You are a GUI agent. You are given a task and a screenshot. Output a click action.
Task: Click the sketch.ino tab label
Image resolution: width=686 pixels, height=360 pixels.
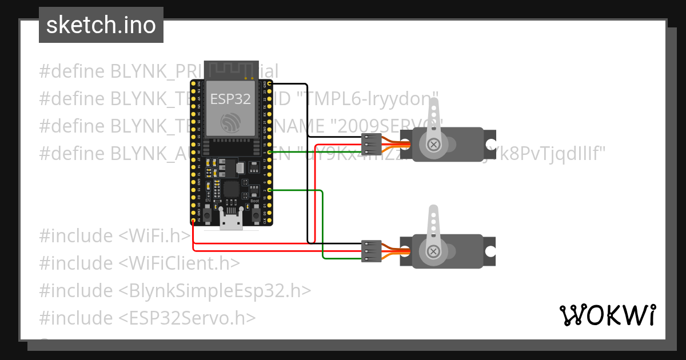pyautogui.click(x=101, y=25)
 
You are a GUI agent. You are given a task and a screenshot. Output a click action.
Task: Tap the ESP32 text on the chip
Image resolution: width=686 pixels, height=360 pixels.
pyautogui.click(x=230, y=99)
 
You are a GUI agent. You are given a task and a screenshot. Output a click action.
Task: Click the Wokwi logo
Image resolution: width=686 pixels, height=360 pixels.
pyautogui.click(x=607, y=315)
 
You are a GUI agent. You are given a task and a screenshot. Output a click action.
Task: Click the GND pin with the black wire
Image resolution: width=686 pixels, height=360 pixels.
pyautogui.click(x=269, y=83)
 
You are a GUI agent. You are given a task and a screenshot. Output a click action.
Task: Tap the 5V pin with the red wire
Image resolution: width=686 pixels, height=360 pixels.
pyautogui.click(x=193, y=220)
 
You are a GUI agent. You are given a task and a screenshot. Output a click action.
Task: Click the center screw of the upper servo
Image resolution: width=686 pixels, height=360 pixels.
pyautogui.click(x=434, y=145)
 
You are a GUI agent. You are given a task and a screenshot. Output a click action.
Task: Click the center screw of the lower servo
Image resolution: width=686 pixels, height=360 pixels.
pyautogui.click(x=434, y=251)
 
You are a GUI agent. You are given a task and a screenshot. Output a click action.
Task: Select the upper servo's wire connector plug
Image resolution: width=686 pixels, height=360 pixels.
pyautogui.click(x=372, y=145)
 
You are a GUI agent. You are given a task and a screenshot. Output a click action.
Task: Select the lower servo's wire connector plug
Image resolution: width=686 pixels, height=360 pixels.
pyautogui.click(x=372, y=251)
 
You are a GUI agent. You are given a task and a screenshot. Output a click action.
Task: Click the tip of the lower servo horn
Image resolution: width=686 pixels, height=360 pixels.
pyautogui.click(x=434, y=210)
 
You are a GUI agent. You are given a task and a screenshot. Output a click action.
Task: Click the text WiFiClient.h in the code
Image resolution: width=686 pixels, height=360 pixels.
pyautogui.click(x=180, y=263)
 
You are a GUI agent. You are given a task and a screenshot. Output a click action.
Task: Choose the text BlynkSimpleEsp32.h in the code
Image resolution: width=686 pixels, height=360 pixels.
pyautogui.click(x=215, y=291)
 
